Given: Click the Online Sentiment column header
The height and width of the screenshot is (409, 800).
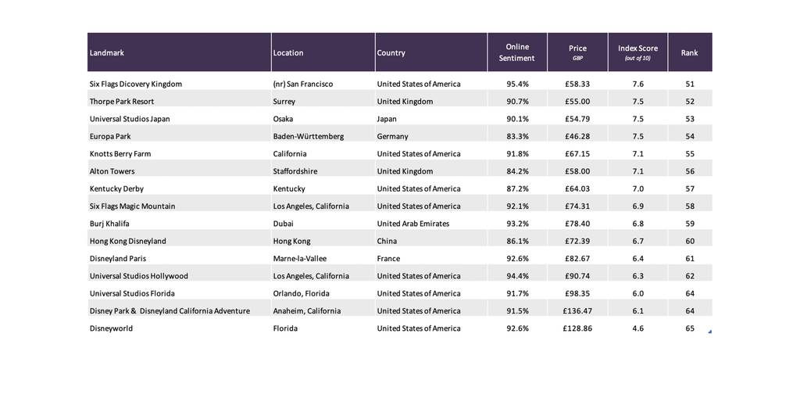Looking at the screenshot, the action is tap(517, 52).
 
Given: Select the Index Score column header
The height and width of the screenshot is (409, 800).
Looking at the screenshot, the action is tap(637, 52).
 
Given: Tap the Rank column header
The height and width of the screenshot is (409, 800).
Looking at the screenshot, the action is tap(689, 52).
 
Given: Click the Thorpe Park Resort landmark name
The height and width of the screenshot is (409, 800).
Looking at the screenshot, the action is tap(121, 102).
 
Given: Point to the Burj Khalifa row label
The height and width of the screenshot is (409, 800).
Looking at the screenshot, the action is tap(109, 224).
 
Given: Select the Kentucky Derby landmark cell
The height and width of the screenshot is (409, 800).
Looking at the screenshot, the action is tap(116, 189).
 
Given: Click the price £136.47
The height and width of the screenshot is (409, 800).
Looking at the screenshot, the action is tap(577, 311).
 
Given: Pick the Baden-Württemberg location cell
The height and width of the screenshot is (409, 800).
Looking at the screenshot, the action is tap(308, 136).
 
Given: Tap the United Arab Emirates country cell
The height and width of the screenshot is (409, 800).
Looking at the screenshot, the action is tap(413, 224).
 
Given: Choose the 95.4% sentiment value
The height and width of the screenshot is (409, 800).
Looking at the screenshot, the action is tap(517, 84).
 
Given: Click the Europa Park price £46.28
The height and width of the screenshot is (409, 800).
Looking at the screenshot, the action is tap(577, 136).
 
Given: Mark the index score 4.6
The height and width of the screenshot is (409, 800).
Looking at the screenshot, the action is tap(637, 328).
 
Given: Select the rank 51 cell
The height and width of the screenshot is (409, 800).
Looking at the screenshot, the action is tap(690, 84).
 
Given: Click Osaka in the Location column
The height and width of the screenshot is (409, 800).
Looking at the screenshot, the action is tap(283, 119).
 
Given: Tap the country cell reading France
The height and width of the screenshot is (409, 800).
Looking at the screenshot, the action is tap(388, 258).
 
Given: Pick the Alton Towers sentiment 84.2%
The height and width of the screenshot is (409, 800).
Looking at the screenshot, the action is tap(517, 171).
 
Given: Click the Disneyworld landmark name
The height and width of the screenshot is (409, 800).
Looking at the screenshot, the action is tap(111, 328).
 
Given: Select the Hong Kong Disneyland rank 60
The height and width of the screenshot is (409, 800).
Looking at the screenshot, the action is tap(690, 241).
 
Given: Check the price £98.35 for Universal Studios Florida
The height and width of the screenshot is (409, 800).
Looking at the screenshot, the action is tap(577, 293).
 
